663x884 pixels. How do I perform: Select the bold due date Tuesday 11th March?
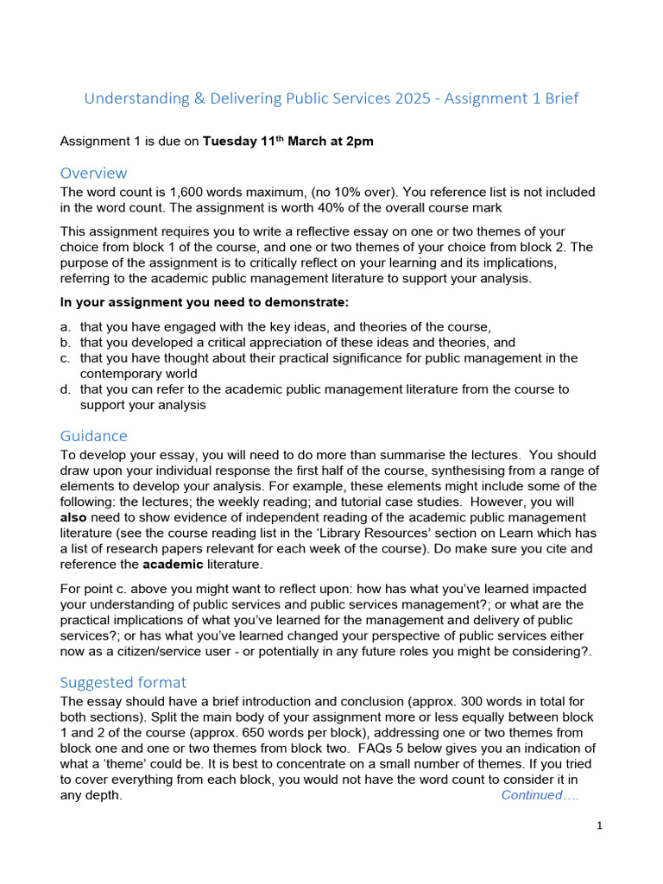(262, 142)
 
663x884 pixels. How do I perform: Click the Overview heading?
(93, 173)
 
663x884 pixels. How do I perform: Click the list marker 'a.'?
(66, 326)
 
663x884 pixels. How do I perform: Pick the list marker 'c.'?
(66, 357)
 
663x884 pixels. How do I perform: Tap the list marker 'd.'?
(66, 389)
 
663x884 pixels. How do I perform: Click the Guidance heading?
(93, 436)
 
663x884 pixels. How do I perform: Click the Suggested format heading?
(123, 682)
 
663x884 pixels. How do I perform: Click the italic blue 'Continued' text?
(531, 795)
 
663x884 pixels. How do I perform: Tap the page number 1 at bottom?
(599, 826)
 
